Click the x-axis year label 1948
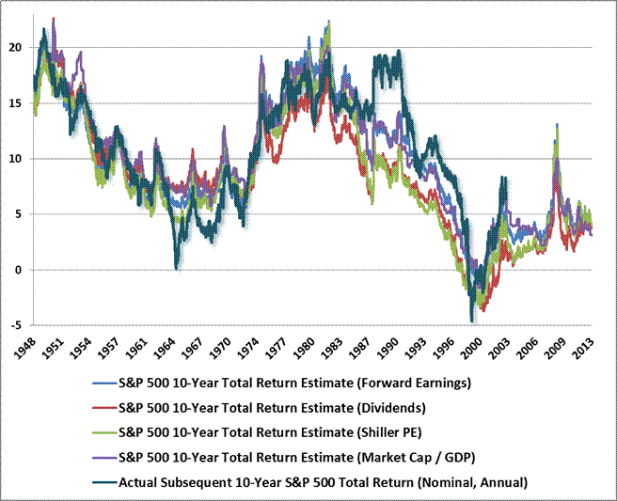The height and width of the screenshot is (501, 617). (24, 350)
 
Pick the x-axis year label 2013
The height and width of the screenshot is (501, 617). (582, 350)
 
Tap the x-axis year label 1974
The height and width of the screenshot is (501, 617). (247, 350)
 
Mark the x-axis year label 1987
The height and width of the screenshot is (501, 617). (358, 350)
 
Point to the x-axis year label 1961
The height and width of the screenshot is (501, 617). (135, 350)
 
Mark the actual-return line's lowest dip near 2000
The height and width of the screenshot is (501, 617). (471, 321)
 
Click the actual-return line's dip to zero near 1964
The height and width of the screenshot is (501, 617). (176, 269)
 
